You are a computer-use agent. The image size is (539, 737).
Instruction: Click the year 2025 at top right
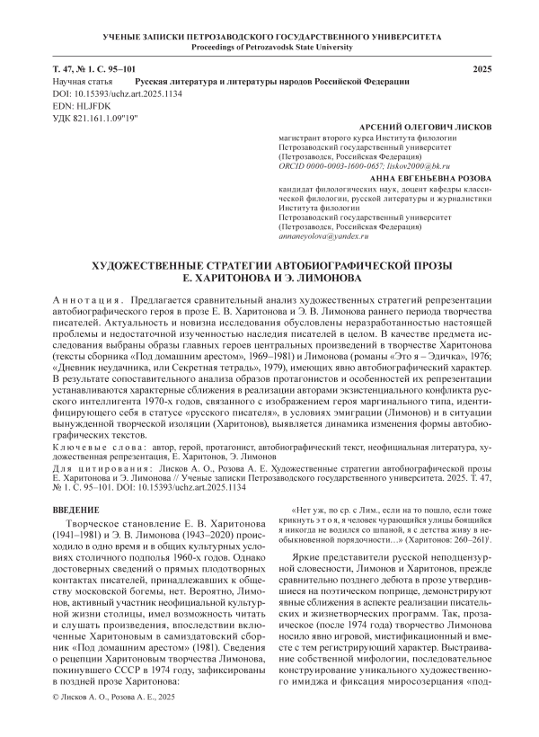(483, 69)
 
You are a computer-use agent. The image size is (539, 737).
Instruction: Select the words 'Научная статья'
(79, 81)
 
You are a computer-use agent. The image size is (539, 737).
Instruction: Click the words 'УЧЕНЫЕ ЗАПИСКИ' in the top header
(137, 35)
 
